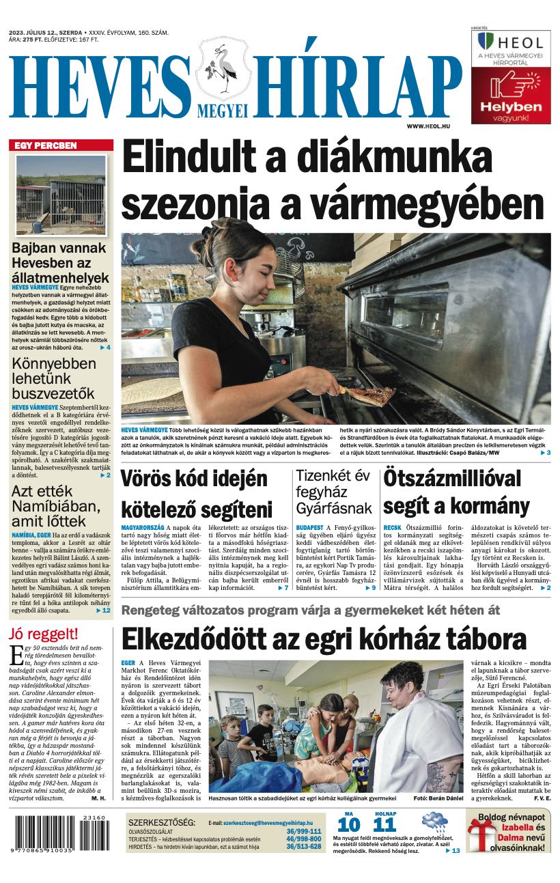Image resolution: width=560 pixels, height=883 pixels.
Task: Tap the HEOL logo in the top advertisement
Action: [511, 42]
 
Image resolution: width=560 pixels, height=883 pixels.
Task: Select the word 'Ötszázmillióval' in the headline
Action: [451, 479]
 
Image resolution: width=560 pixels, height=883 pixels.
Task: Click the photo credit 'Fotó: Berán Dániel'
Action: [438, 798]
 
